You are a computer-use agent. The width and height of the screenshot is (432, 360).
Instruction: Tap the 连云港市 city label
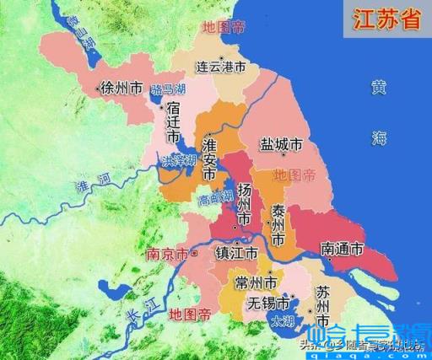coord(221,66)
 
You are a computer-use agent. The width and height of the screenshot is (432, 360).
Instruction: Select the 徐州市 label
coord(121,87)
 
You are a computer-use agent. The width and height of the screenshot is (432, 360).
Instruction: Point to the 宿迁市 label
coord(173,121)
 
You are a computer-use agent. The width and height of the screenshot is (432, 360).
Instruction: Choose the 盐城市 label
coord(281,146)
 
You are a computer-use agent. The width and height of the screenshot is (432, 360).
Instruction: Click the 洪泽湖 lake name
coord(180,159)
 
